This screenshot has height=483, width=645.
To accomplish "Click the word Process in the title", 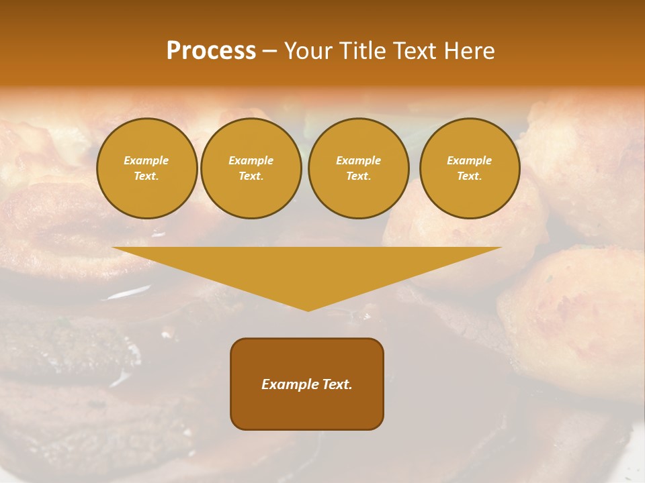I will [211, 51].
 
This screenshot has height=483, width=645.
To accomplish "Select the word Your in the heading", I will [309, 51].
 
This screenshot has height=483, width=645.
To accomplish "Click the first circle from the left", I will [146, 168].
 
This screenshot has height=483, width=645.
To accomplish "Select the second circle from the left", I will [251, 168].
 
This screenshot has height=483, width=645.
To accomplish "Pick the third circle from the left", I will [358, 168].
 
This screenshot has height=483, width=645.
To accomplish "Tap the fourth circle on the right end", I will [469, 168].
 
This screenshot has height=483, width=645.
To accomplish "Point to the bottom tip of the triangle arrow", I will [308, 310].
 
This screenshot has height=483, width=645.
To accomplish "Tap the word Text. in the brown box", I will [337, 384].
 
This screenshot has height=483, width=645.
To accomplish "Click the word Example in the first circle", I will [146, 160].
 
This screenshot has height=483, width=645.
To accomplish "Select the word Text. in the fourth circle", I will [469, 176].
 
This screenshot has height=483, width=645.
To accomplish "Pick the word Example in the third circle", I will [358, 160].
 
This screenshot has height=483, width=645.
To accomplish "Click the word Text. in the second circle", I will [251, 176].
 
